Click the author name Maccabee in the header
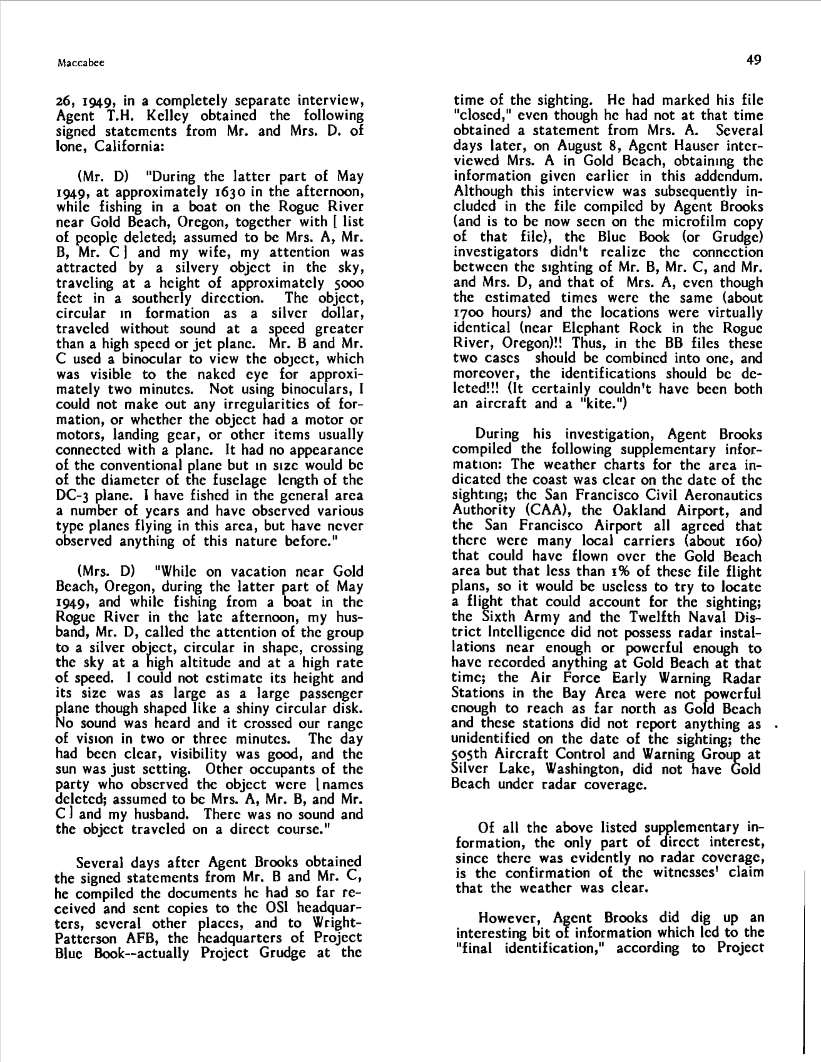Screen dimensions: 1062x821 pos(80,63)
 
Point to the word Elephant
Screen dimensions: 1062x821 pos(591,328)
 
